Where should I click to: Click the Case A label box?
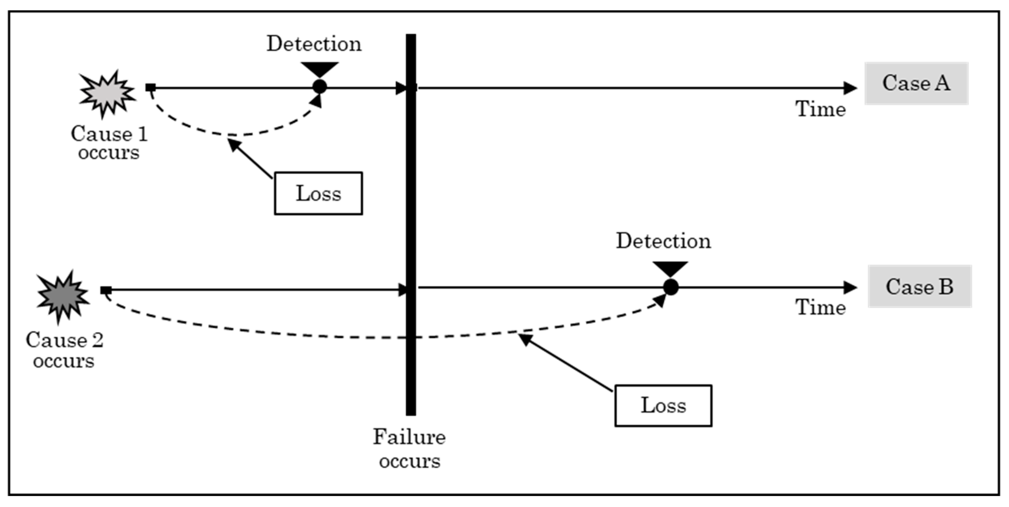click(916, 83)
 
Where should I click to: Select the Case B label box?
click(920, 286)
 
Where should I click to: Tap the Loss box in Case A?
click(318, 193)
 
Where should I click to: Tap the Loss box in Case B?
click(663, 405)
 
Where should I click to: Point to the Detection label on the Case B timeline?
click(663, 241)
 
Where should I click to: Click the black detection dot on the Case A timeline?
click(320, 87)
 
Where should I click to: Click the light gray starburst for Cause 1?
click(107, 94)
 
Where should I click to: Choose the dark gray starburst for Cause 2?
click(63, 296)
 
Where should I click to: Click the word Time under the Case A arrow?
click(820, 109)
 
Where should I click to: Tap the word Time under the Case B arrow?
click(820, 307)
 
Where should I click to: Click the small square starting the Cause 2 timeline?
click(106, 290)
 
